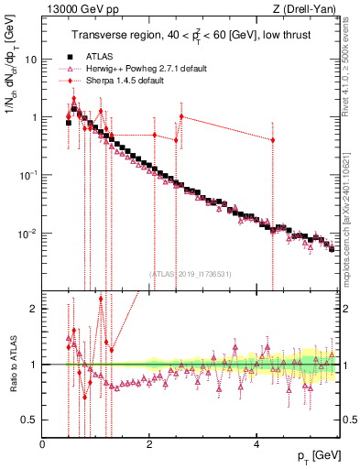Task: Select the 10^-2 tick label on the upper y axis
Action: click(x=28, y=233)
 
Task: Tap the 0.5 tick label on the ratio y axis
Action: click(x=30, y=420)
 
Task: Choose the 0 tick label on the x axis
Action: click(x=42, y=443)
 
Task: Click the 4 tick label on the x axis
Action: click(x=256, y=443)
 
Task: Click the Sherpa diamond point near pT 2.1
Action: click(x=154, y=135)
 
